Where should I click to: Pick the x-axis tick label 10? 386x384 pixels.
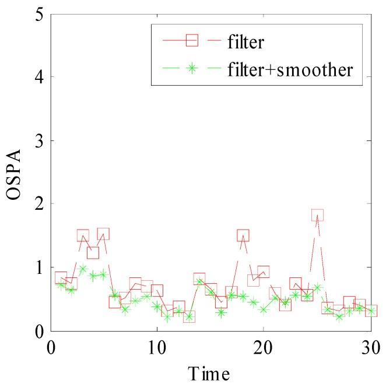[x=156, y=348]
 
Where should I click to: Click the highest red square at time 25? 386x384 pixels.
[x=317, y=215]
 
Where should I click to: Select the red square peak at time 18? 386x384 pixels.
[x=243, y=235]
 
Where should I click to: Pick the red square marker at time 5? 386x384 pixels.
[x=103, y=234]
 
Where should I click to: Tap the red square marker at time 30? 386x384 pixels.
[x=371, y=311]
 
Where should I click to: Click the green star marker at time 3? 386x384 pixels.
[x=82, y=269]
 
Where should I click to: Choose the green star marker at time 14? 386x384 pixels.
[x=199, y=282]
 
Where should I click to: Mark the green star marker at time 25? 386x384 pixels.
[x=317, y=287]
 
